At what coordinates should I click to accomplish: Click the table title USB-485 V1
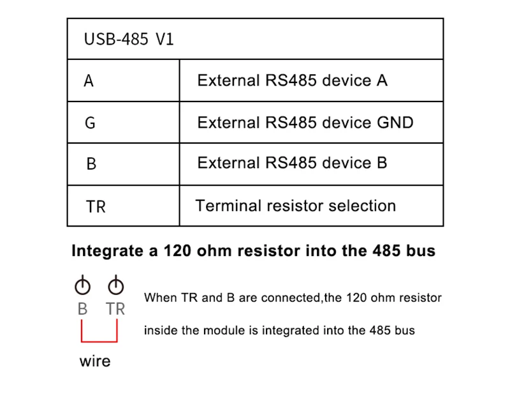tap(129, 40)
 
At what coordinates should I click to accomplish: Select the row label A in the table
tap(89, 81)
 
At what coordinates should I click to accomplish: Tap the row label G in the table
tap(90, 123)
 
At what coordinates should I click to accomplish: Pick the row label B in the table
tap(91, 164)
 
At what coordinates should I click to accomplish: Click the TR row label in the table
tap(96, 207)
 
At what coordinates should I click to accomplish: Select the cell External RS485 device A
tap(292, 80)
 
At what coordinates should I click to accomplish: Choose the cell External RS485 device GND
tap(305, 122)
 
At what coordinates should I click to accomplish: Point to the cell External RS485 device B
tap(292, 163)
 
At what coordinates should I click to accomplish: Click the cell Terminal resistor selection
tap(295, 206)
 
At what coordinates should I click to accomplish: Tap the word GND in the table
tap(395, 122)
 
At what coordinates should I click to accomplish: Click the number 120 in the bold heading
tap(177, 251)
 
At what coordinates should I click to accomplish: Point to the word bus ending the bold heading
tap(421, 251)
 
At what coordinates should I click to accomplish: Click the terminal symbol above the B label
tap(82, 285)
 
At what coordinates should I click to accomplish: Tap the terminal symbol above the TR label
tap(116, 285)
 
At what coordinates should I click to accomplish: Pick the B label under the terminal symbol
tap(82, 309)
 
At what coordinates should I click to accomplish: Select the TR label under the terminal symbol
tap(116, 309)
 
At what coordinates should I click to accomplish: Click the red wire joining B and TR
tap(99, 340)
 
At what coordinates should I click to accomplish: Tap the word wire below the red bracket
tap(95, 361)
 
